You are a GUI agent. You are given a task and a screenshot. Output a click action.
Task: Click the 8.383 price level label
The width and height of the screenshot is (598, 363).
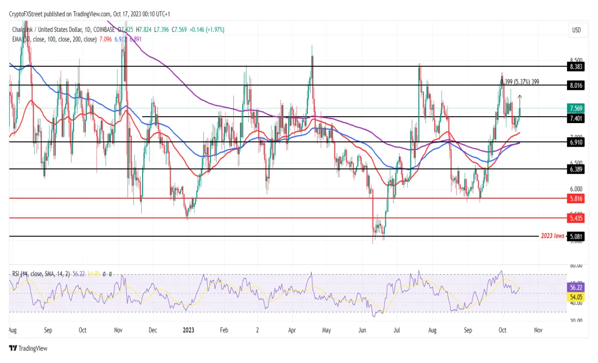(x=576, y=66)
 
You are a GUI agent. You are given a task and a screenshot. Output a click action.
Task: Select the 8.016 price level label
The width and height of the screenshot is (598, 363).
(x=576, y=85)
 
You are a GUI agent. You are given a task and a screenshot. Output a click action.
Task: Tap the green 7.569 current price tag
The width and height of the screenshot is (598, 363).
(x=576, y=108)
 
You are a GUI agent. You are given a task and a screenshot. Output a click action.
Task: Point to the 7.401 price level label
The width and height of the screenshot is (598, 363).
(x=576, y=118)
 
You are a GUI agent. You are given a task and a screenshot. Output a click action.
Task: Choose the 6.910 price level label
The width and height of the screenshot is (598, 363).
(x=576, y=142)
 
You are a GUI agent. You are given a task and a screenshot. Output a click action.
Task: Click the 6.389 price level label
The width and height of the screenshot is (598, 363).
(x=576, y=169)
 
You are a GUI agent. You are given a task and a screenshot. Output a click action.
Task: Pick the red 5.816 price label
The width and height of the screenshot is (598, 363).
(x=576, y=199)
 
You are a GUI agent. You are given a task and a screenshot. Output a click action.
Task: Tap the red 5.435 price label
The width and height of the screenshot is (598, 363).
(x=576, y=218)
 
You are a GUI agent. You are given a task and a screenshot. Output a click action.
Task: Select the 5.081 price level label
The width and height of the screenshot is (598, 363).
(x=576, y=236)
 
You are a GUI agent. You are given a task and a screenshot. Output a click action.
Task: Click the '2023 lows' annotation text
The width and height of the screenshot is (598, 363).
(x=552, y=236)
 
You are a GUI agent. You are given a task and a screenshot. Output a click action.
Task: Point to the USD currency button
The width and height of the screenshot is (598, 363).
(x=576, y=30)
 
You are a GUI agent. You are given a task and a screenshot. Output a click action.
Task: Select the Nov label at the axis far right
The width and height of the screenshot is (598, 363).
(x=538, y=330)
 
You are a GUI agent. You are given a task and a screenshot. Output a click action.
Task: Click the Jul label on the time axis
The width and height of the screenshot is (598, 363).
(x=397, y=330)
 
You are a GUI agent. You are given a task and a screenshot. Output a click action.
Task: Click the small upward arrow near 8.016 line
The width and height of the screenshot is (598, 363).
(x=520, y=97)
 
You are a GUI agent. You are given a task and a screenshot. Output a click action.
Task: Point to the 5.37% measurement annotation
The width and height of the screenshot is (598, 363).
(x=520, y=82)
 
